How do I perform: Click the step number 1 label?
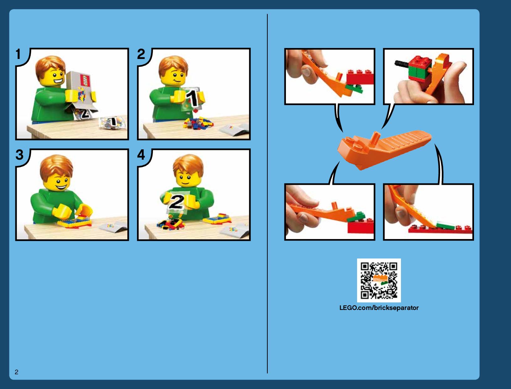[18, 54]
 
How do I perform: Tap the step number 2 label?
[141, 54]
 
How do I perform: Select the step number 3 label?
[19, 154]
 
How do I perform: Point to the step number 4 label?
[141, 154]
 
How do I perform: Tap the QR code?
[379, 280]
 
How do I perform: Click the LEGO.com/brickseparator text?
[379, 308]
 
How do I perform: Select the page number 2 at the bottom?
[17, 372]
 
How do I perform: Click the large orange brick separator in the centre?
[384, 149]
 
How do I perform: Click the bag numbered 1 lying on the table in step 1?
[113, 122]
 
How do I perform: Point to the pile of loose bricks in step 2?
[198, 123]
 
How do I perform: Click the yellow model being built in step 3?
[75, 221]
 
